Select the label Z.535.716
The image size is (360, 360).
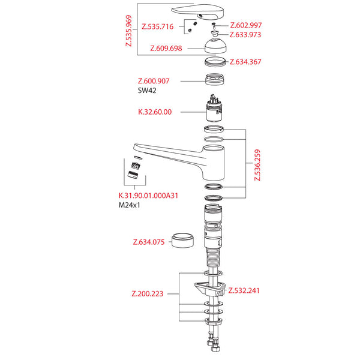tap(158, 27)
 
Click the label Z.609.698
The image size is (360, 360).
tap(166, 48)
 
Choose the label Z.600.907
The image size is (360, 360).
tap(154, 81)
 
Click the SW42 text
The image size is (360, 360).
tap(148, 91)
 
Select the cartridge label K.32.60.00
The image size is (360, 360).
tap(155, 112)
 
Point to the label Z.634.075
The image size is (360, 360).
tap(148, 242)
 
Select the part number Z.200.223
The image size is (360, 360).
tap(148, 294)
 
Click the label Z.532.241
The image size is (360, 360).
tap(244, 291)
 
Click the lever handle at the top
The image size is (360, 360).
tap(197, 11)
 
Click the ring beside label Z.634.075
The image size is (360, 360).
tap(184, 241)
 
